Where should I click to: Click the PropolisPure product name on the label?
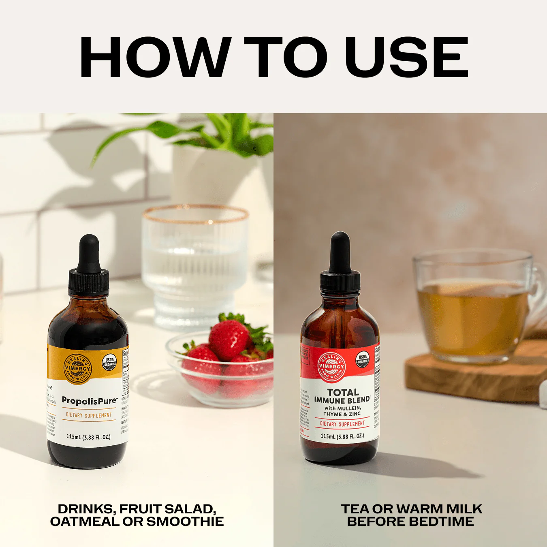coord(89,401)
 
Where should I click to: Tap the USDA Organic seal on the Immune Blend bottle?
coord(363,359)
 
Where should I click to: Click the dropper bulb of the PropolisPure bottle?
coord(89,253)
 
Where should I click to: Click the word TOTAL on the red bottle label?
coord(343,392)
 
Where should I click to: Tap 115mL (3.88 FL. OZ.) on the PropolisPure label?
coord(88,437)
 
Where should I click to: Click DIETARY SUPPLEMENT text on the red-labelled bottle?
coord(342,424)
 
